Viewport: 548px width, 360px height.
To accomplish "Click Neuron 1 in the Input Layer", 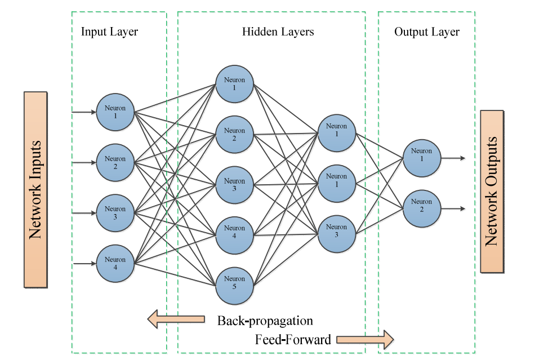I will pyautogui.click(x=115, y=112).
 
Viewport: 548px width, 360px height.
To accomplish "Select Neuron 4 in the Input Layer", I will pyautogui.click(x=115, y=263).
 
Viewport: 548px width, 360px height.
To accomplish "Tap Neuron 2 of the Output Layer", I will pyautogui.click(x=421, y=208).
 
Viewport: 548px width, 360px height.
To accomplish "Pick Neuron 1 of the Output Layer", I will pyautogui.click(x=421, y=158).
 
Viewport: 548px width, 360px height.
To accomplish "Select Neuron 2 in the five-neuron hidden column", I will pyautogui.click(x=234, y=135).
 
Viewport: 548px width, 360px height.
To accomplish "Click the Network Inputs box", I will pyautogui.click(x=35, y=189).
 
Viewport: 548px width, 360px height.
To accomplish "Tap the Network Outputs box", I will pyautogui.click(x=492, y=192).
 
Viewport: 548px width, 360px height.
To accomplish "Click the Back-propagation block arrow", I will pyautogui.click(x=176, y=319).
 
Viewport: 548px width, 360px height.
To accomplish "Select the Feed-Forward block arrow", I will pyautogui.click(x=365, y=339).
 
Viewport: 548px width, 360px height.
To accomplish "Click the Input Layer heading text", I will pyautogui.click(x=109, y=32).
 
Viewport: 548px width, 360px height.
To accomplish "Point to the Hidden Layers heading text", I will pyautogui.click(x=278, y=32).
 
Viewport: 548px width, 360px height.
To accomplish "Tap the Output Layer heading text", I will pyautogui.click(x=426, y=32).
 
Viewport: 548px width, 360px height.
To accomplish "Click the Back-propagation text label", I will pyautogui.click(x=265, y=321).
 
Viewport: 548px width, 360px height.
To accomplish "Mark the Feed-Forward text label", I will pyautogui.click(x=293, y=340).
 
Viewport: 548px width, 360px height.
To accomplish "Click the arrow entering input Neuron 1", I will pyautogui.click(x=84, y=112).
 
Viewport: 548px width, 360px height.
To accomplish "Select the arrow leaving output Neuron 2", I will pyautogui.click(x=453, y=208).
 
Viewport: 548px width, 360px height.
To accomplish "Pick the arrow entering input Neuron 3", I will pyautogui.click(x=84, y=213).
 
